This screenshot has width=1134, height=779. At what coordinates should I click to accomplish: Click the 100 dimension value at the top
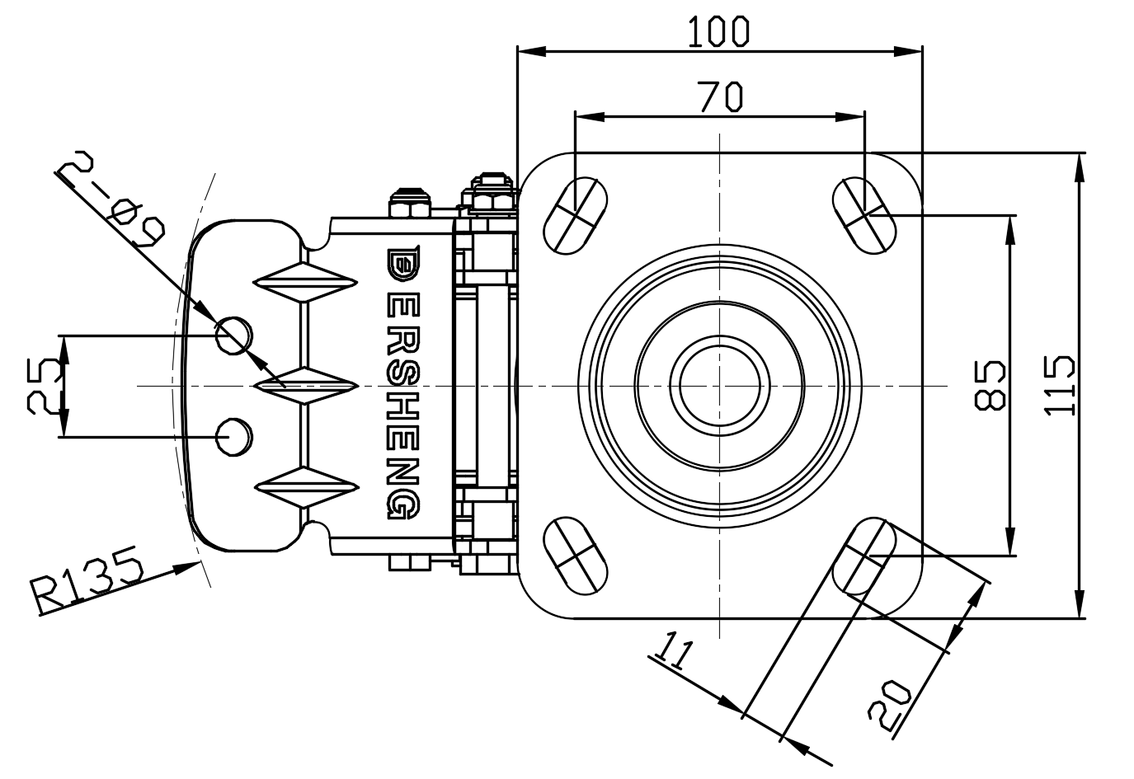[x=718, y=31]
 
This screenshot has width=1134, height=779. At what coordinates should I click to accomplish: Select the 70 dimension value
[x=720, y=96]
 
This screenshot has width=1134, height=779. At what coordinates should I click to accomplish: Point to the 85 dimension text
[x=990, y=384]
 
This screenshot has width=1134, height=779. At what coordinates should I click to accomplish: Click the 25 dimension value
[x=45, y=385]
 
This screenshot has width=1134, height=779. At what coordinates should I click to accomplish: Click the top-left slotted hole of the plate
[x=576, y=214]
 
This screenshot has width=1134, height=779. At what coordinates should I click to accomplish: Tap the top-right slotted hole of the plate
[x=863, y=214]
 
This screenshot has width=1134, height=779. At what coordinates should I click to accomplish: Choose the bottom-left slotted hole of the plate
[x=576, y=555]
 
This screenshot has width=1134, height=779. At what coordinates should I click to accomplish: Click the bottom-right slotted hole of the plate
[x=863, y=556]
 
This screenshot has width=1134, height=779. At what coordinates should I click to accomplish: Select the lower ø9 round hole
[x=234, y=436]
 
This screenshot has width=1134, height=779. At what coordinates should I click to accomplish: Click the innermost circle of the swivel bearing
[x=719, y=385]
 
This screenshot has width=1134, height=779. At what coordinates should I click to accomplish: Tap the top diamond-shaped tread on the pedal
[x=305, y=284]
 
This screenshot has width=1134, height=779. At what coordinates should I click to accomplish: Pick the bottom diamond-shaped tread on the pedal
[x=305, y=487]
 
